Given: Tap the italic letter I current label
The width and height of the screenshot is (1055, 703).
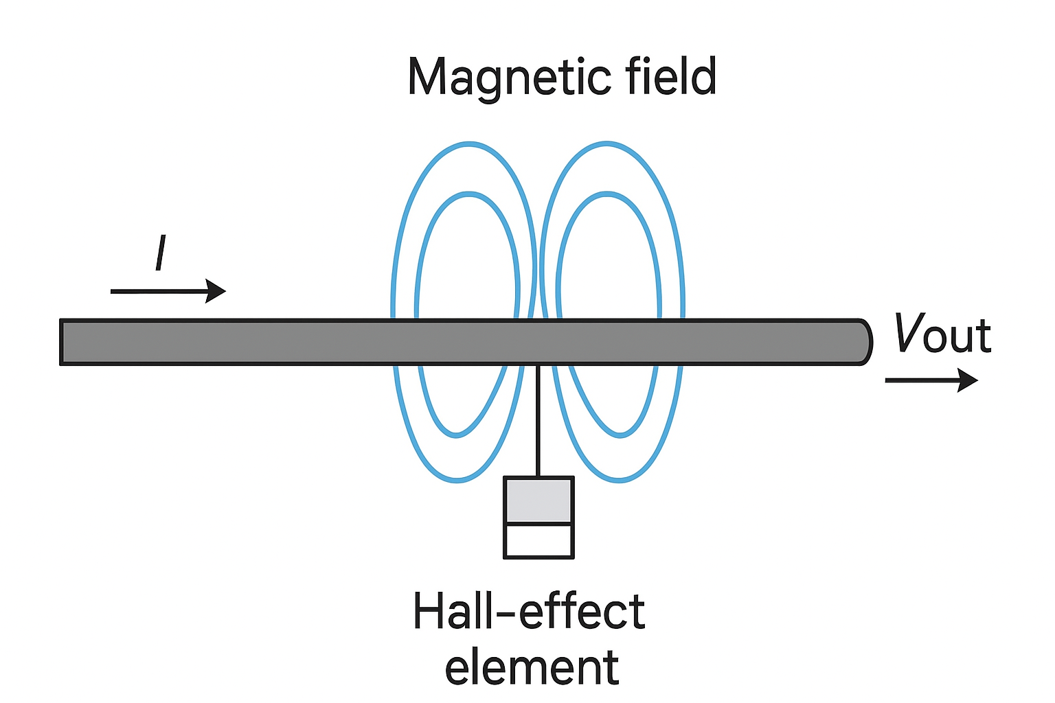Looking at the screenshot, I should pyautogui.click(x=161, y=253).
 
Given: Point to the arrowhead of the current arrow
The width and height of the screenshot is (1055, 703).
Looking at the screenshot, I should pyautogui.click(x=217, y=291).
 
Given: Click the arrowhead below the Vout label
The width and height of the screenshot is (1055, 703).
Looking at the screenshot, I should pyautogui.click(x=968, y=380).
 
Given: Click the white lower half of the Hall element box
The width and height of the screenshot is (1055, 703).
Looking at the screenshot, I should pyautogui.click(x=538, y=541).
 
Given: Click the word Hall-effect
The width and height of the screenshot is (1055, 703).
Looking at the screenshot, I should pyautogui.click(x=529, y=611).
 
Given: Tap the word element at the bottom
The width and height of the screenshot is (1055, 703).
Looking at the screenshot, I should pyautogui.click(x=532, y=667).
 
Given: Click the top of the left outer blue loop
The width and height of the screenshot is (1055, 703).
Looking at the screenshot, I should pyautogui.click(x=469, y=143).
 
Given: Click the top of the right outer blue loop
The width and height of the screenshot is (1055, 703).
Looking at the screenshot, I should pyautogui.click(x=606, y=143).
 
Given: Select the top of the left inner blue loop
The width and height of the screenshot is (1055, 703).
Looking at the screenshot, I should pyautogui.click(x=469, y=195).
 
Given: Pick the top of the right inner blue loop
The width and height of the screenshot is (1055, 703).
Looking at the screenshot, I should pyautogui.click(x=606, y=195).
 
